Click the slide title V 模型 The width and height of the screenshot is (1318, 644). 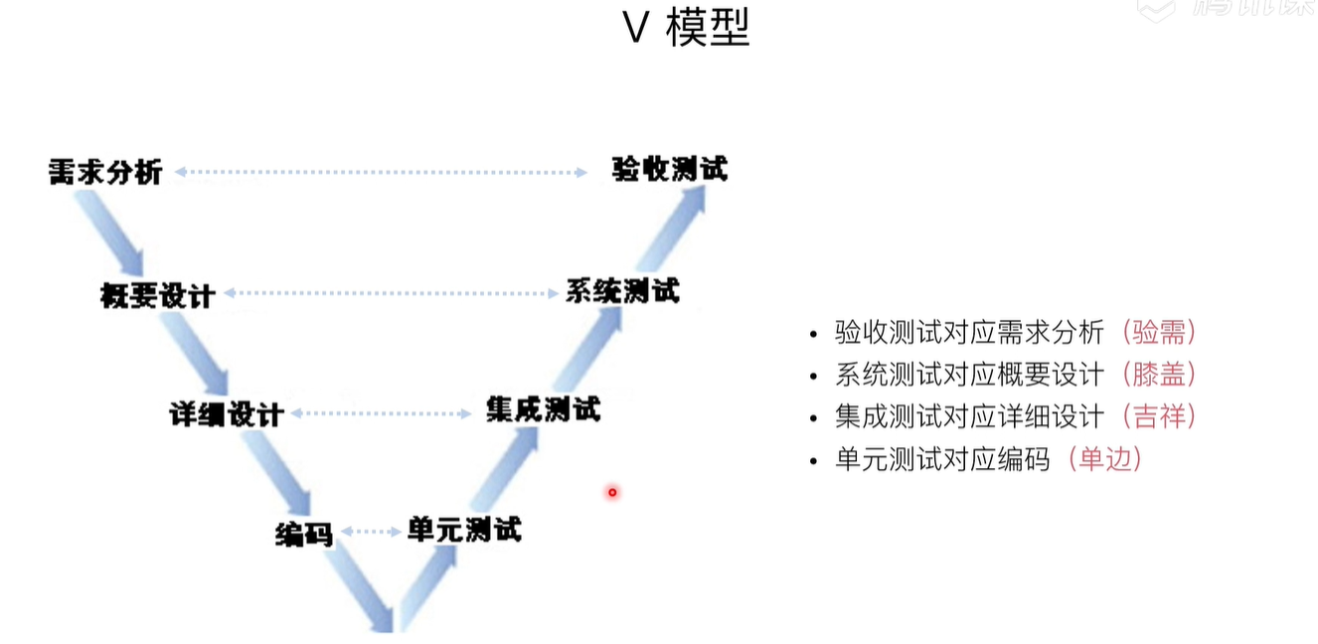pos(686,29)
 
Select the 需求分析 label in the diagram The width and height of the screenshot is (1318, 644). pos(105,172)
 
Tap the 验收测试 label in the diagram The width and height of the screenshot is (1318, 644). pos(669,169)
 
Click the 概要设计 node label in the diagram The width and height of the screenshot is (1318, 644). pos(158,295)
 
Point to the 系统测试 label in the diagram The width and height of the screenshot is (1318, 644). pos(622,291)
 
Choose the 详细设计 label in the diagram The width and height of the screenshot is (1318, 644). pos(227,414)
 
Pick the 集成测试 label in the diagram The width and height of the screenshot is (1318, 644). pos(543,408)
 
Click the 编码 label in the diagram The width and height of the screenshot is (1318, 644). pos(303,534)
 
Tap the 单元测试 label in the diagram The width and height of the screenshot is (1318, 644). pos(463,529)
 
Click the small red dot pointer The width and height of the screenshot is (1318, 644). pos(612,492)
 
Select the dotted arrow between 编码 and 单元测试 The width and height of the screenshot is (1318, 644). pos(370,532)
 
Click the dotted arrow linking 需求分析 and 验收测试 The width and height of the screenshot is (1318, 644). pos(381,172)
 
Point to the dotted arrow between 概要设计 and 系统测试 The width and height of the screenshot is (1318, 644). pos(391,293)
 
